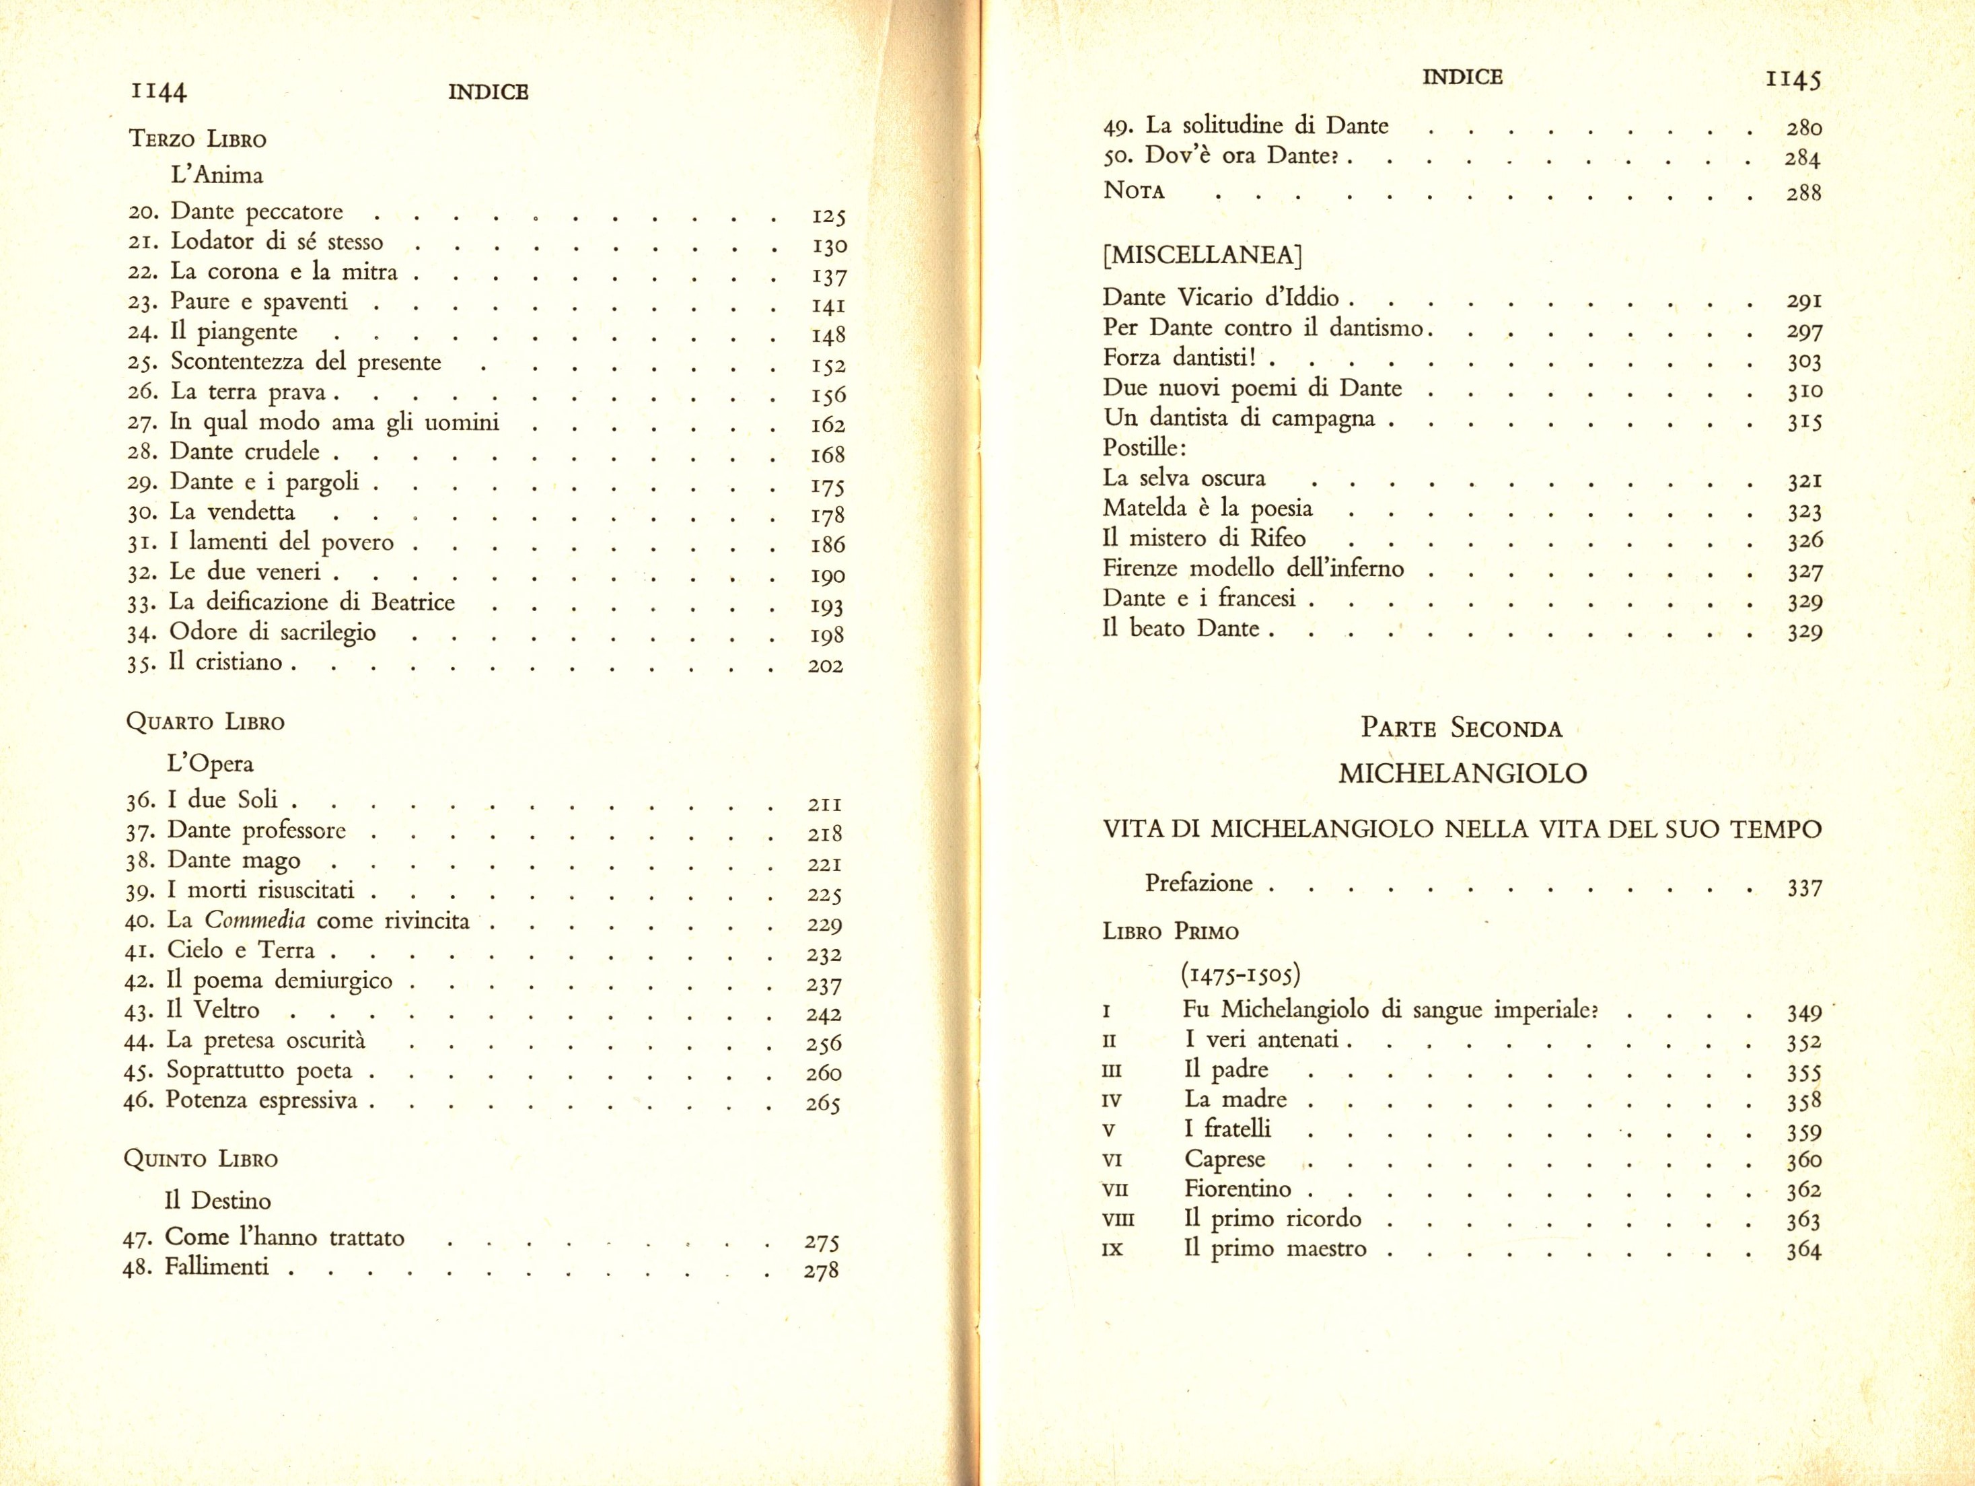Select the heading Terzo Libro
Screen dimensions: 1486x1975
click(x=197, y=139)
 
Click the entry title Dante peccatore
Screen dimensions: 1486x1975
click(x=256, y=211)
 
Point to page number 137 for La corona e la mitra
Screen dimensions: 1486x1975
click(x=828, y=276)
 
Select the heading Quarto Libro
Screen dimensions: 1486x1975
click(x=205, y=721)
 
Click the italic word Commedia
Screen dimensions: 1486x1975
click(x=255, y=920)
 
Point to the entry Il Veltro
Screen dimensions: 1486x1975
click(x=213, y=1010)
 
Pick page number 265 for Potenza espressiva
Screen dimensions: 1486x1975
click(x=822, y=1104)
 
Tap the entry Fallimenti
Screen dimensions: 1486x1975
click(x=216, y=1267)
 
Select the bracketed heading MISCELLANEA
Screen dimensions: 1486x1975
click(x=1202, y=256)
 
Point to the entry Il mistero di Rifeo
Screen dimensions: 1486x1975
click(x=1204, y=538)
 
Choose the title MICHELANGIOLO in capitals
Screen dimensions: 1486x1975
click(x=1462, y=773)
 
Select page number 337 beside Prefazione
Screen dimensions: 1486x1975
click(x=1803, y=888)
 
